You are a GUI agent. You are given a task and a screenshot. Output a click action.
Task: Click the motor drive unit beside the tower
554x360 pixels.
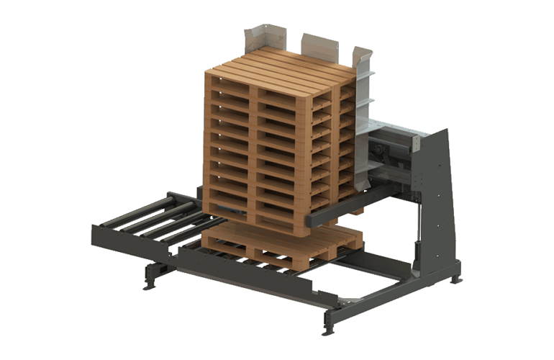(385, 151)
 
